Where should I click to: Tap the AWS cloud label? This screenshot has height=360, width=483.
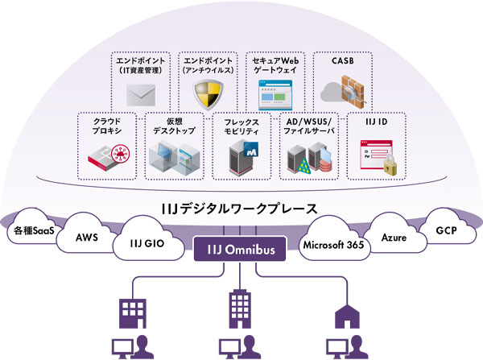click(x=87, y=238)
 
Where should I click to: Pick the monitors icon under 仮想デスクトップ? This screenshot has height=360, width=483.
click(x=171, y=157)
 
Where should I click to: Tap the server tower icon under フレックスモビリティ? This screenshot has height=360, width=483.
click(x=242, y=157)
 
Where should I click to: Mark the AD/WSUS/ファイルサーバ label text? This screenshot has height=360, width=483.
click(x=310, y=126)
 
